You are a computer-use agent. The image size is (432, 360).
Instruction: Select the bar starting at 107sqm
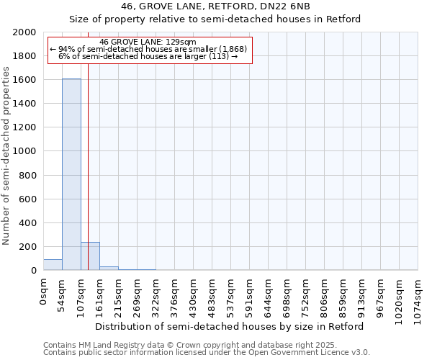click(90, 256)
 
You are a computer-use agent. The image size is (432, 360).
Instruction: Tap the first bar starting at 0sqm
click(53, 265)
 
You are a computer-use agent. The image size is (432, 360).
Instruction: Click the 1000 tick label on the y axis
click(25, 151)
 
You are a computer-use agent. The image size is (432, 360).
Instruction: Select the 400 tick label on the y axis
click(28, 223)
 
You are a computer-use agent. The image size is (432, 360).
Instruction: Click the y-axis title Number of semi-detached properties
click(6, 156)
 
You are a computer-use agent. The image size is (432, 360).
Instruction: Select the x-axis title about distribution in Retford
click(230, 326)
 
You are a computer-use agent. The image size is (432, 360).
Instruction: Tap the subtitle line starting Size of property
click(215, 19)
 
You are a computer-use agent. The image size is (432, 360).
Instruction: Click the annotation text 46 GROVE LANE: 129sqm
click(148, 42)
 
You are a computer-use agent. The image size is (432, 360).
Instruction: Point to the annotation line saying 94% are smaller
click(148, 49)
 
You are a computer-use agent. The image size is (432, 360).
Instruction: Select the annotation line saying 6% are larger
click(148, 56)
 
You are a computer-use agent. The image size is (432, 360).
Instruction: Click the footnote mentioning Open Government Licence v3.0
click(207, 353)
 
